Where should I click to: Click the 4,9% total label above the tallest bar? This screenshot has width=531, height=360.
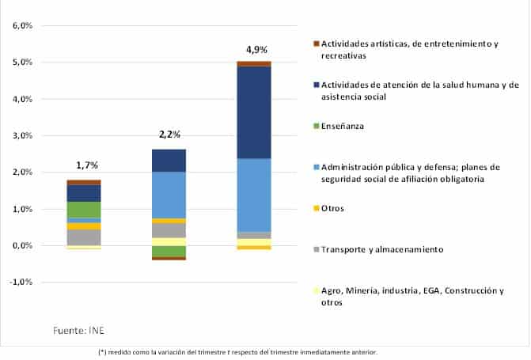258,49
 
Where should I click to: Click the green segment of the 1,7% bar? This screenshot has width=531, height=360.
83,209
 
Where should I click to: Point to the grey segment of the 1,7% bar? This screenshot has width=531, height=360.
83,237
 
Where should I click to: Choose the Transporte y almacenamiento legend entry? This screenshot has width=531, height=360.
381,250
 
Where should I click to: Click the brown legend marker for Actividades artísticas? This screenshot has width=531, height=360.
316,44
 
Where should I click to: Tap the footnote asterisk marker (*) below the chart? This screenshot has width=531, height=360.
102,352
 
